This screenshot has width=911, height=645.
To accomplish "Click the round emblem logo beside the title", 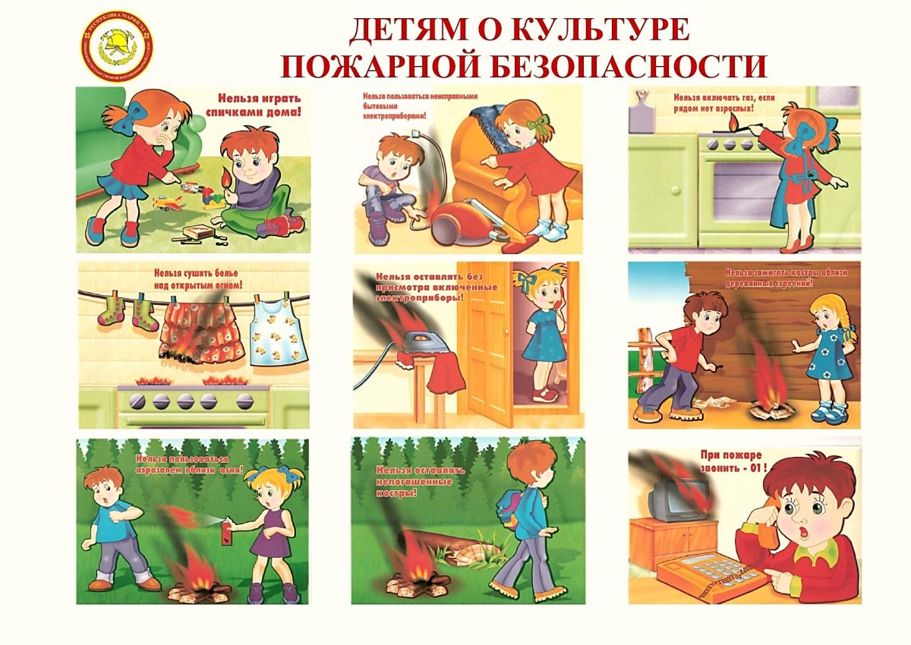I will [x=117, y=47].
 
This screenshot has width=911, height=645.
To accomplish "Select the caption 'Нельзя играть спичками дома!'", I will [x=259, y=105].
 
